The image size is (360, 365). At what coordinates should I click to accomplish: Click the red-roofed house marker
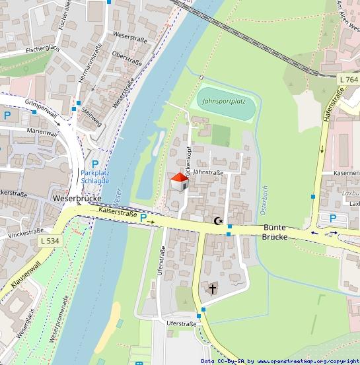pos(179,182)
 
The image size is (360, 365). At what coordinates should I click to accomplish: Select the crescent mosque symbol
pos(219,222)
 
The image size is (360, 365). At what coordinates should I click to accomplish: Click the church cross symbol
pos(213,288)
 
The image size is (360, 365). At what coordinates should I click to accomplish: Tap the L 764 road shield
pos(347,80)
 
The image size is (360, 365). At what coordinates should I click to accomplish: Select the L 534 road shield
pos(49,242)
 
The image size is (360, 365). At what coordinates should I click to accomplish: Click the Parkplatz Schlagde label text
pos(95,176)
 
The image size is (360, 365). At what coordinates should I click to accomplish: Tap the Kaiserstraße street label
pos(118,212)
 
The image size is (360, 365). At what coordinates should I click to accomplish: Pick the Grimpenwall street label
pos(41,110)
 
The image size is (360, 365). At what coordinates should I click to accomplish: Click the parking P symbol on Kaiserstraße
pos(143,218)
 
